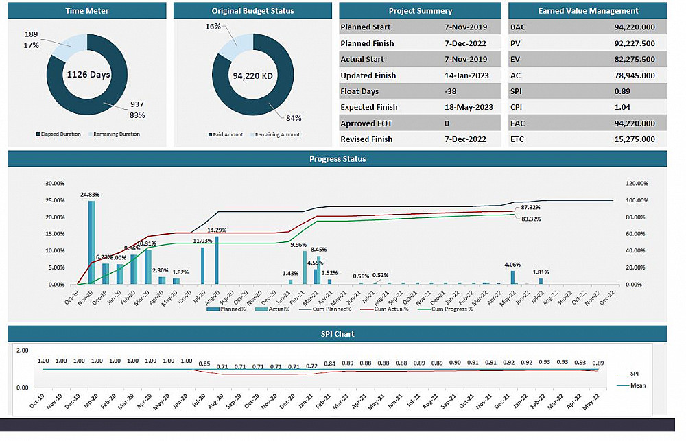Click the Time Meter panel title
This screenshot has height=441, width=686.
[87, 11]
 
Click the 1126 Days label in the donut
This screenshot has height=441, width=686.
[88, 75]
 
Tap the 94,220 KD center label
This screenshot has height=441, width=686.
[253, 76]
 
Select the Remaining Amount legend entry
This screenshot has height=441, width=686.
[277, 135]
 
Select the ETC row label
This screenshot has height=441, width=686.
[517, 139]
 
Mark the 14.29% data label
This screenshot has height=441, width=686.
[217, 230]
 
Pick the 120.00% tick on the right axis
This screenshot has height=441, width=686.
[637, 184]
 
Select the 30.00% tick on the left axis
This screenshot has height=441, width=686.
[55, 184]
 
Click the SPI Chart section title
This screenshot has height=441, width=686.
[338, 334]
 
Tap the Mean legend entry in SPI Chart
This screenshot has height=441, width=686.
[637, 385]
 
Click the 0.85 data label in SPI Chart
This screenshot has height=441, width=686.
[204, 364]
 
